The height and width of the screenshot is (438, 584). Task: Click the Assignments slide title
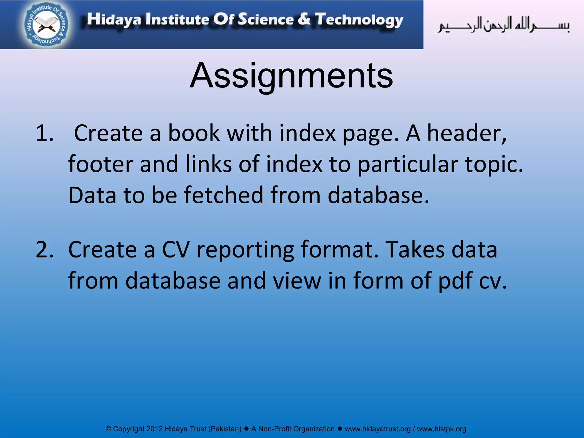click(291, 76)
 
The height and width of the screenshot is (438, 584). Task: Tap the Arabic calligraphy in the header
click(503, 25)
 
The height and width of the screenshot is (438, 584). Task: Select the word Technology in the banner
click(359, 20)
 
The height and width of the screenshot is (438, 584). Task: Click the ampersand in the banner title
click(304, 19)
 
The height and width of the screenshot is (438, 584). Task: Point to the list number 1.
click(44, 133)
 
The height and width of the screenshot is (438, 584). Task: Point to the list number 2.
click(44, 250)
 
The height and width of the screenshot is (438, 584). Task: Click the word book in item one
click(194, 133)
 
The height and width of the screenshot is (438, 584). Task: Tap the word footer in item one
click(101, 164)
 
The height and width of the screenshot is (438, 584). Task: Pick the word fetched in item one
click(224, 195)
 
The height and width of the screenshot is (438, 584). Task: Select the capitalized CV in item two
click(176, 250)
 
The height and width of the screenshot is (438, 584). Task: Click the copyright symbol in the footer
click(108, 429)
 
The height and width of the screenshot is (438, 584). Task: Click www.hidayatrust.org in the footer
click(378, 429)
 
